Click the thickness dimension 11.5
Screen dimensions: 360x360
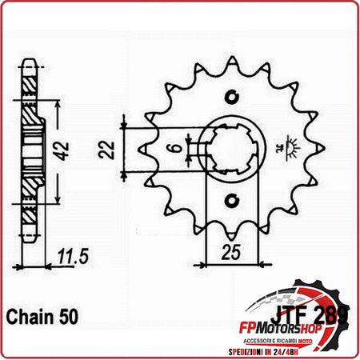(x=73, y=257)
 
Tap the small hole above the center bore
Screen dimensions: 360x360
(x=232, y=97)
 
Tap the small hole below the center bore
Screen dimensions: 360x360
(x=232, y=199)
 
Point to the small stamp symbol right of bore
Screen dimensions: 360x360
(x=281, y=149)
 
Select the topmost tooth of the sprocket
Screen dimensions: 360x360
(x=232, y=64)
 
